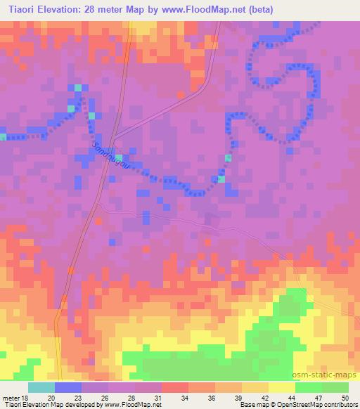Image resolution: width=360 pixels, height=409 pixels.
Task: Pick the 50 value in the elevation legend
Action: click(345, 398)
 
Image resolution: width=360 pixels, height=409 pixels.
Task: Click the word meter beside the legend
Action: click(9, 398)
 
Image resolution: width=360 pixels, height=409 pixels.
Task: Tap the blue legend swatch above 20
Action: click(67, 387)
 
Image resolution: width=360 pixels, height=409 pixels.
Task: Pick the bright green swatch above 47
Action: click(308, 387)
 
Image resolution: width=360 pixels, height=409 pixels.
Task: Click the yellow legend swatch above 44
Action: click(281, 387)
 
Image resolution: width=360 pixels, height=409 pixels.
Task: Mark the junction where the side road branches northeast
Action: click(114, 136)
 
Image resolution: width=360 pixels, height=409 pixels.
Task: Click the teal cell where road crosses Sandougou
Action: click(118, 157)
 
